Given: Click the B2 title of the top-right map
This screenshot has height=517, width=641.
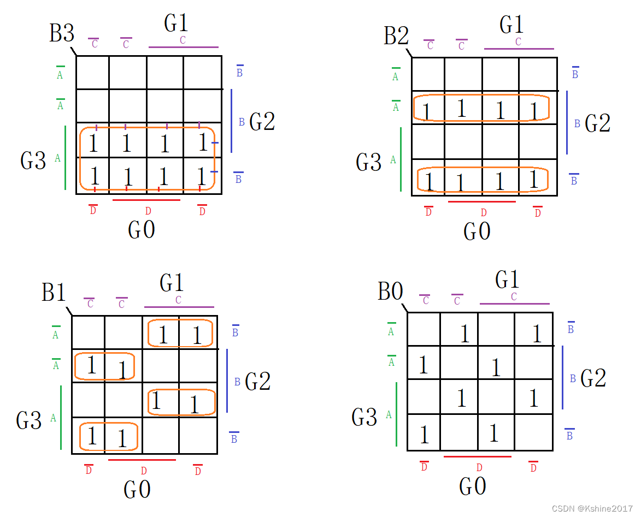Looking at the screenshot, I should tap(397, 36).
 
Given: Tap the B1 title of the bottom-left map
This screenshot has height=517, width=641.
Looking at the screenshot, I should tap(54, 293).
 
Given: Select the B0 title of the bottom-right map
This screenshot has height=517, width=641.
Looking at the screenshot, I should tap(390, 292).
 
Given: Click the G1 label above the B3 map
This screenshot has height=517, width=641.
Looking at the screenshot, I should tap(176, 23).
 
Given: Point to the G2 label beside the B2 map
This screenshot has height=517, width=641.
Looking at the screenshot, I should tap(597, 124).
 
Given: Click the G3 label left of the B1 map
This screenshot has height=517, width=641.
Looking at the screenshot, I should tap(29, 420).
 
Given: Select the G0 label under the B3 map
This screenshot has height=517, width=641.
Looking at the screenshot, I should tap(142, 230).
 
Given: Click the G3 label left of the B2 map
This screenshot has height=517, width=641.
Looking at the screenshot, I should tap(368, 162).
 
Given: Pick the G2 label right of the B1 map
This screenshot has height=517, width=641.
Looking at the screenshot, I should tap(257, 381).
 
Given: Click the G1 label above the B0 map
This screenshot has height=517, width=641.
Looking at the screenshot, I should tap(507, 280).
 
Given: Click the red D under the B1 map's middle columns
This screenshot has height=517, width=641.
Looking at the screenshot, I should tap(144, 471).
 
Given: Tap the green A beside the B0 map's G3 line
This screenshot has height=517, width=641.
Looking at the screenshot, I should tap(389, 414).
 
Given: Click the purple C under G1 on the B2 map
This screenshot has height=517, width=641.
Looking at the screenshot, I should tap(518, 42).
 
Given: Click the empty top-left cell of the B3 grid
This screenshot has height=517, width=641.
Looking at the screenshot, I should tap(92, 72).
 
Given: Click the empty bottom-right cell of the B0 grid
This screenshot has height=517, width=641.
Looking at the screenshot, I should tap(534, 432).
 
